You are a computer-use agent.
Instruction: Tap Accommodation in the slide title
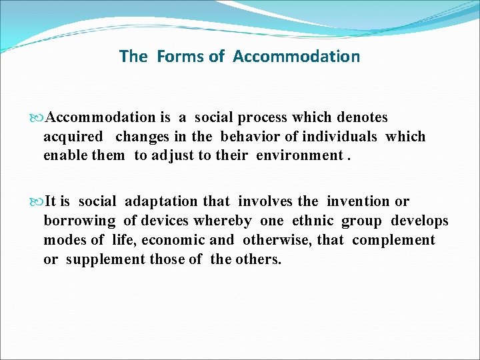click(296, 57)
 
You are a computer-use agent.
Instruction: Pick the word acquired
click(73, 137)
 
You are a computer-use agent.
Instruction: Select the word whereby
click(223, 221)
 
